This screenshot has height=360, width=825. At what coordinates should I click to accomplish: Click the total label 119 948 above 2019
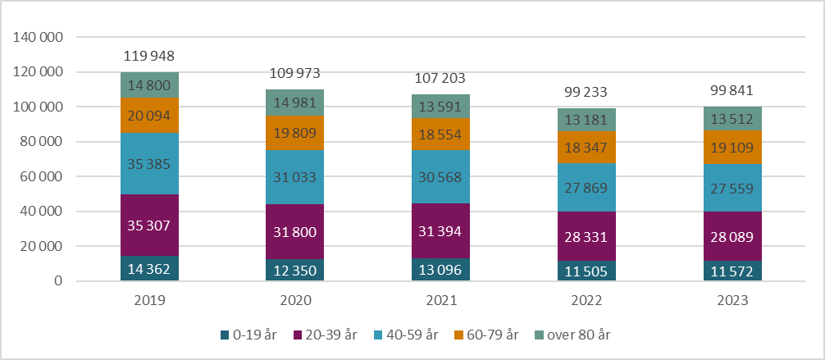coord(149,57)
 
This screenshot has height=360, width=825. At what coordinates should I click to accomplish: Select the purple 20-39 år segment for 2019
coord(149,226)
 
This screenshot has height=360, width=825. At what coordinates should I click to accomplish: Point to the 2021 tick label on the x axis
coord(441,301)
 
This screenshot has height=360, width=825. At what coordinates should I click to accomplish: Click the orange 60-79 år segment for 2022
coord(587,147)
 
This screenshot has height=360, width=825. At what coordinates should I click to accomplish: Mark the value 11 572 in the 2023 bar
coord(732,271)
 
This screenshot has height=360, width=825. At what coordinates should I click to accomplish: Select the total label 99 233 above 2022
coord(587,93)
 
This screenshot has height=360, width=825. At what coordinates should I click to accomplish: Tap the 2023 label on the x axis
coord(732,301)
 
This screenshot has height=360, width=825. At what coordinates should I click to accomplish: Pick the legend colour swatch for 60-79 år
coord(460,335)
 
